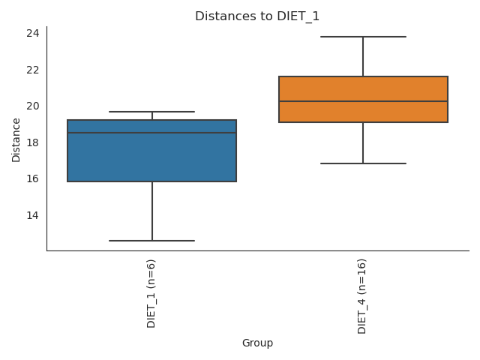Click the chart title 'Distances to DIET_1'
point(257,16)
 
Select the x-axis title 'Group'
point(257,343)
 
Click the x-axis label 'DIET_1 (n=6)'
point(151,293)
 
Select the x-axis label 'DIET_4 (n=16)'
point(363,296)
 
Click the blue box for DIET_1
point(151,157)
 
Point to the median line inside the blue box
point(151,133)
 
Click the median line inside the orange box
point(363,101)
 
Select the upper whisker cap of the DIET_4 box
point(363,37)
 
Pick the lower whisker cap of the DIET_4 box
point(363,163)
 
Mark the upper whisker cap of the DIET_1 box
point(151,112)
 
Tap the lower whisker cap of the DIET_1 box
point(151,241)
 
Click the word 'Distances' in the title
point(219,16)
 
